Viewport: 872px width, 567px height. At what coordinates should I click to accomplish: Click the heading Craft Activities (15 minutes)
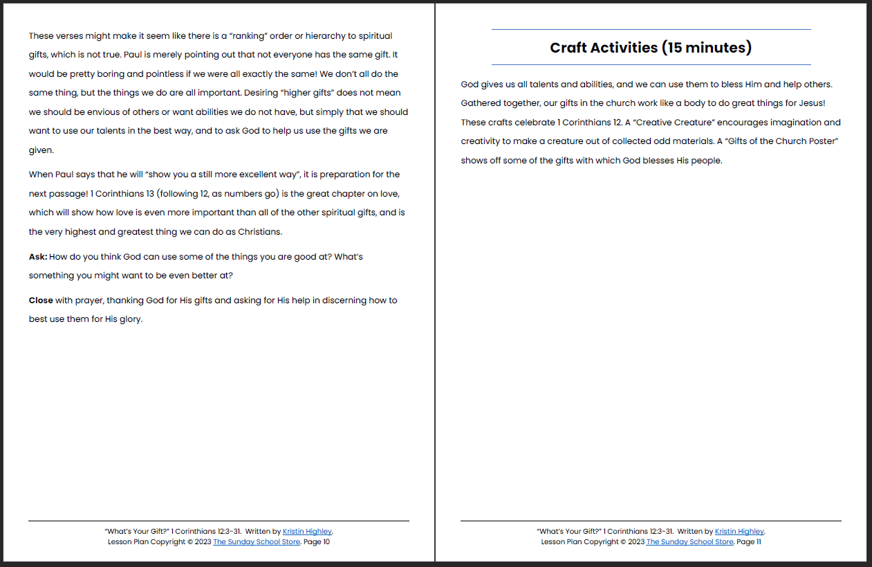coord(650,48)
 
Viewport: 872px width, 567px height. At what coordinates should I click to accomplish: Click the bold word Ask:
coord(38,257)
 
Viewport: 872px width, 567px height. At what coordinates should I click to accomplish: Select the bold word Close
coord(41,300)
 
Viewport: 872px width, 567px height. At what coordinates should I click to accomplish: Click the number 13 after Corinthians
coord(150,194)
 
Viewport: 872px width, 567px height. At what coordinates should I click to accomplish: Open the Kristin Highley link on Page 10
coord(307,532)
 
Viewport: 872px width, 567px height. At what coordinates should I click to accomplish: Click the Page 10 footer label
coord(317,542)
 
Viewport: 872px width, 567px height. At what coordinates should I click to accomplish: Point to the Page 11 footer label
coord(749,542)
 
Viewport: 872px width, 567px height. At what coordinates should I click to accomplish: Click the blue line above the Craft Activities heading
coord(650,30)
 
